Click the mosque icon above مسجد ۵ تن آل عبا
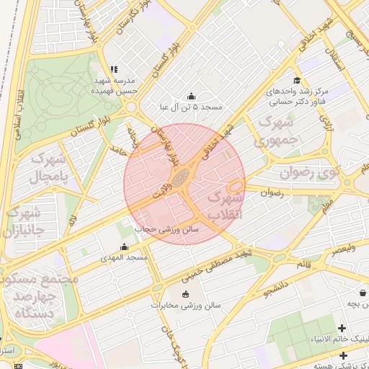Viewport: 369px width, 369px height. point(191,97)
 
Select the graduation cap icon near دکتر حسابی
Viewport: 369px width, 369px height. point(296,81)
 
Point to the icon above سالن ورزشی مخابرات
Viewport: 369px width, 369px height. point(186,294)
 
